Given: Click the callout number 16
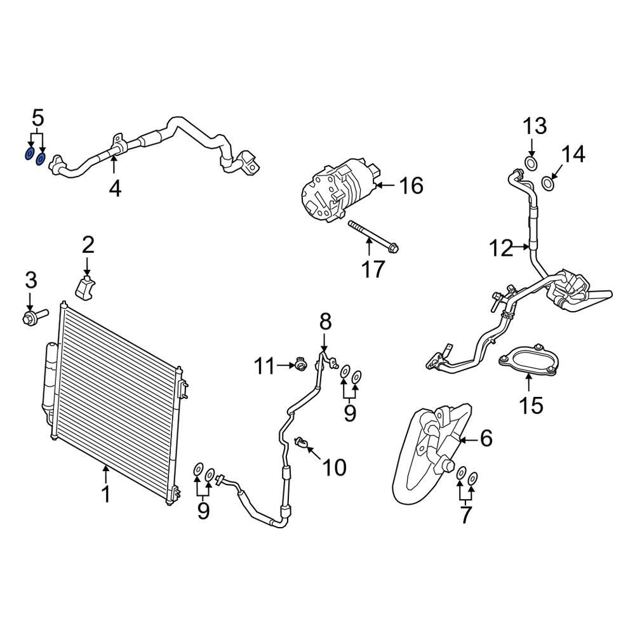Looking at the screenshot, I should click(411, 186).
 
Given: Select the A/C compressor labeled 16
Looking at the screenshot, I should click(337, 190).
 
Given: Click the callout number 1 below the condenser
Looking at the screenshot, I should click(106, 493).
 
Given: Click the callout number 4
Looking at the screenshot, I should click(114, 188).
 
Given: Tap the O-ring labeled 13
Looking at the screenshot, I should click(531, 165).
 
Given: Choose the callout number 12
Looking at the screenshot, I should click(501, 248).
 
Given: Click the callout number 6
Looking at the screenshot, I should click(486, 438).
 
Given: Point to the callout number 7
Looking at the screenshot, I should click(466, 515).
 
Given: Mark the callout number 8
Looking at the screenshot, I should click(325, 322).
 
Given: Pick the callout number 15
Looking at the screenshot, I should click(531, 404).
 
